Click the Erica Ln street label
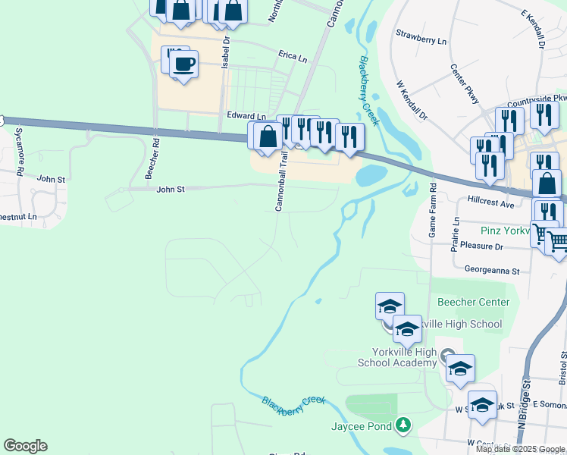293,58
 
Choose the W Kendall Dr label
412,102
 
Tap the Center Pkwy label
465,84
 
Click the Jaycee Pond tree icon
404,426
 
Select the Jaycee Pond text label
362,427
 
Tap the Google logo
25,446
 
